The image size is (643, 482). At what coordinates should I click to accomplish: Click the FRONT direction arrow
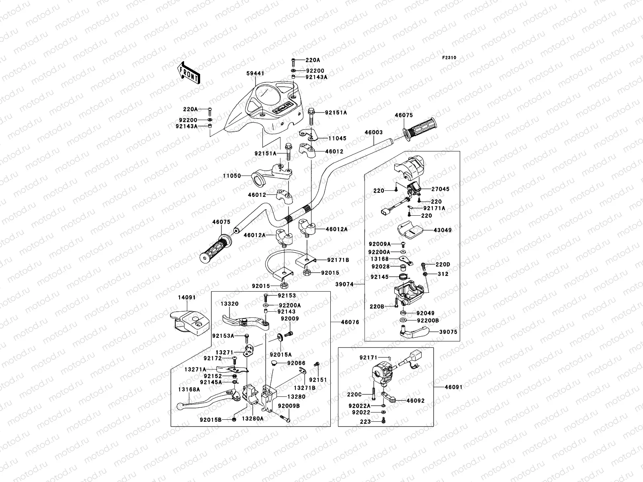point(189,73)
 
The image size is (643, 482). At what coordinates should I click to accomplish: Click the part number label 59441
point(255,74)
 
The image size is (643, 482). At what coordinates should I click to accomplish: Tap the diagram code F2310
point(449,58)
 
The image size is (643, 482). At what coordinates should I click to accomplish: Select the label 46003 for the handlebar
point(373,132)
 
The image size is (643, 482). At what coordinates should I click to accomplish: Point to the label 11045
point(337,139)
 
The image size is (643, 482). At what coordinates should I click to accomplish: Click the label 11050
point(232,176)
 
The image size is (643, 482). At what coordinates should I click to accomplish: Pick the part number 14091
point(186,297)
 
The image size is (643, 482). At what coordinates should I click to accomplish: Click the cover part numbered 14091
point(190,323)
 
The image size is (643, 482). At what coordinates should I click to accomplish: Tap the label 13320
point(229,304)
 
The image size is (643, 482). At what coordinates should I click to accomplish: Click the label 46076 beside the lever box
point(350,322)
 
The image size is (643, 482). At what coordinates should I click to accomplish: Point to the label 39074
point(344,284)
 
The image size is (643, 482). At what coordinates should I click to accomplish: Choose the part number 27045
point(440,189)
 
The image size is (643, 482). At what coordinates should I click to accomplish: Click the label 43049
point(442,230)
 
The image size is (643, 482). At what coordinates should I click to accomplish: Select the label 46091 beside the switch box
point(453,387)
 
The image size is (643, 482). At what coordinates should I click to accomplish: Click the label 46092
point(416,400)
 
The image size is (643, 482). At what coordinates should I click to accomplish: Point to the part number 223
point(365,422)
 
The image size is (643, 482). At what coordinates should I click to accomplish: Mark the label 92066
point(296,363)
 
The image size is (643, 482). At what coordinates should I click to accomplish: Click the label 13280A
point(252,419)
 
